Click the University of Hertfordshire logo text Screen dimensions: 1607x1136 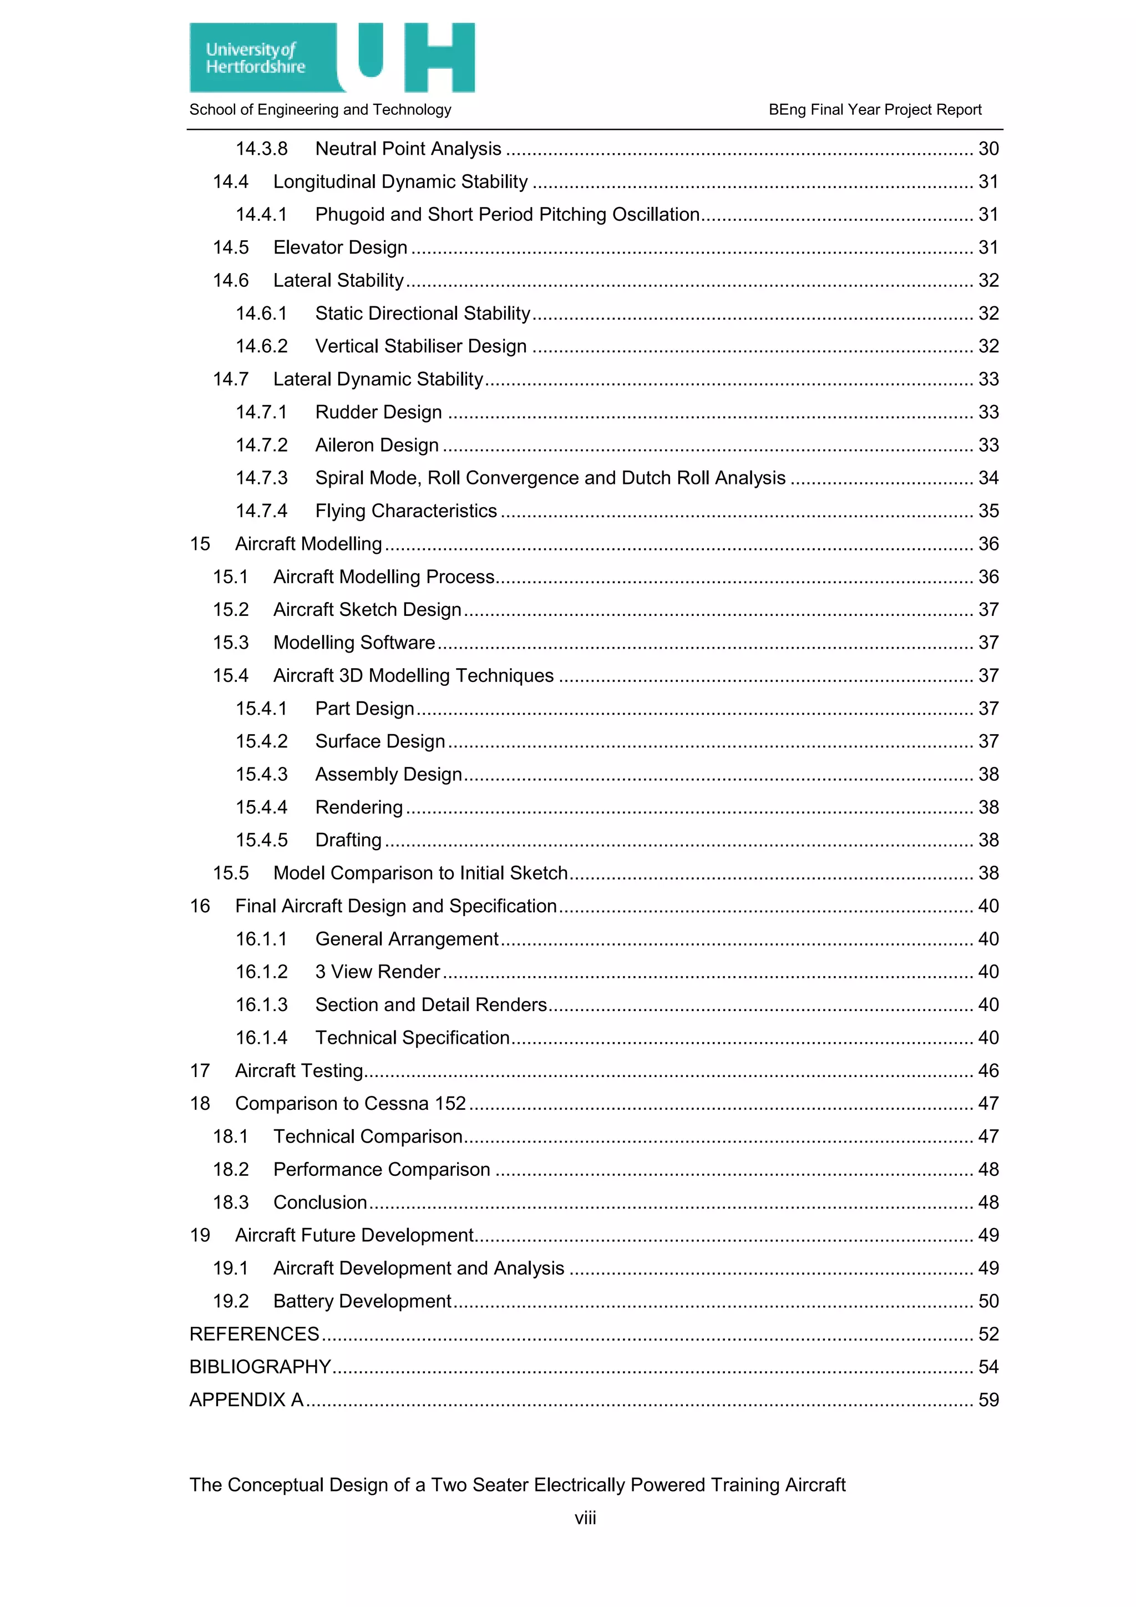255,58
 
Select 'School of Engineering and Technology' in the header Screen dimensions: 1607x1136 321,110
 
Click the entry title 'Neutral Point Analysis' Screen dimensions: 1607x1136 408,149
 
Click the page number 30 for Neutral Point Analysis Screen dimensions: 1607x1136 988,149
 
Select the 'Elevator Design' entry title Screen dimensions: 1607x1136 340,248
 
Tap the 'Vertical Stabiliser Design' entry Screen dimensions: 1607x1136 420,346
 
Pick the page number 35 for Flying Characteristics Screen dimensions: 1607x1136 988,511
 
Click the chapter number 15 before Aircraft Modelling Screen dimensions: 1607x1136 200,544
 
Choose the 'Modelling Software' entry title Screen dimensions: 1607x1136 354,643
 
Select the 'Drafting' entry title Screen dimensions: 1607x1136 348,841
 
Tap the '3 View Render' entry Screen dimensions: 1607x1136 377,972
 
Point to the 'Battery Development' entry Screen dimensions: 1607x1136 362,1301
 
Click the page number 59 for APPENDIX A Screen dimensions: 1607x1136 988,1400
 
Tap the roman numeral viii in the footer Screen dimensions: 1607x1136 585,1518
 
